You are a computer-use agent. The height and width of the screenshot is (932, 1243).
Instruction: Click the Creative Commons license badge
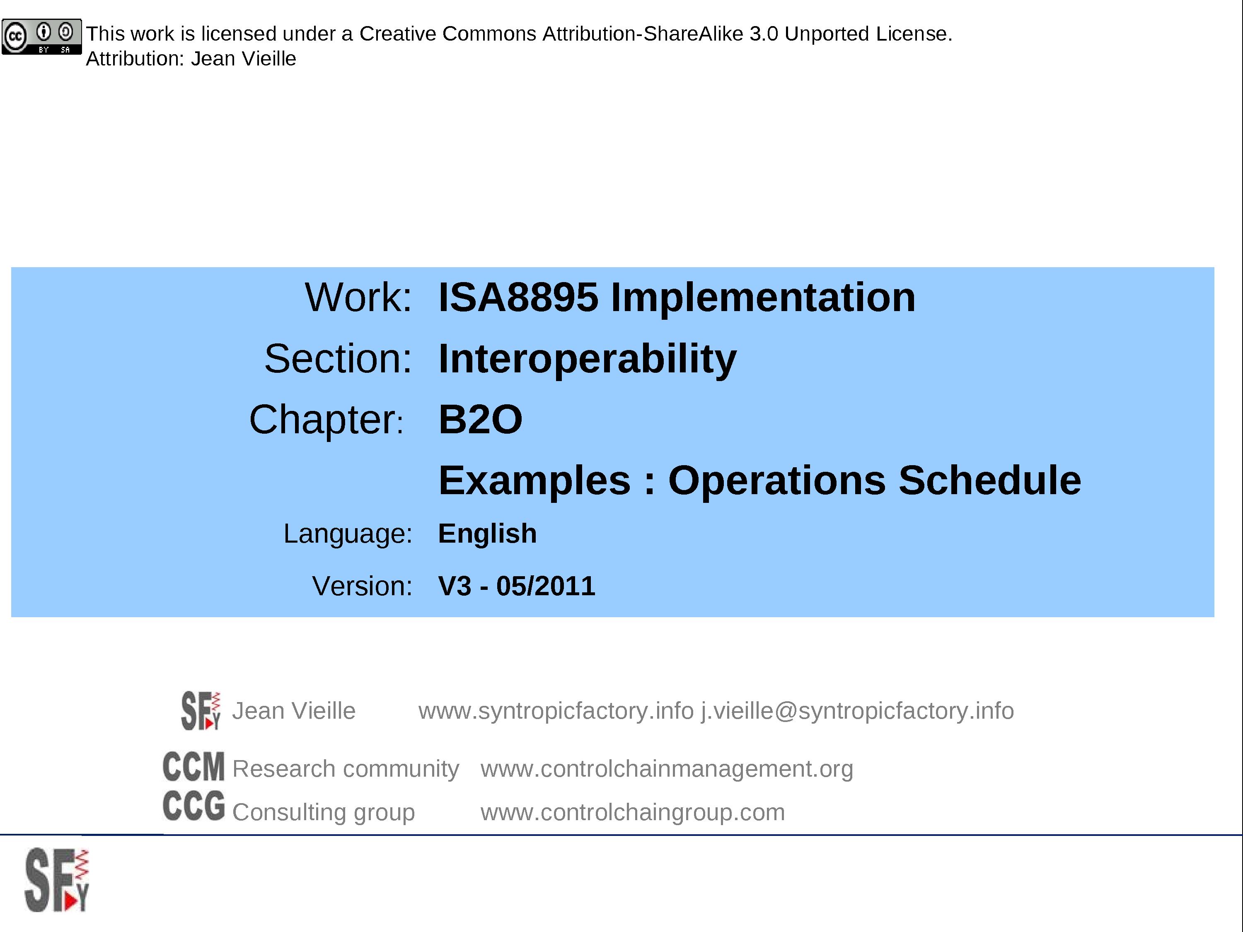[41, 37]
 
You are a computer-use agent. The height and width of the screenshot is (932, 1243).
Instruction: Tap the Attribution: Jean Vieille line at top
[191, 59]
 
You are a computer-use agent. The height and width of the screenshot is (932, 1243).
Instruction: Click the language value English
[487, 534]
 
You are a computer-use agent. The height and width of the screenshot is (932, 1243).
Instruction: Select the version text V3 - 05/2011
[516, 587]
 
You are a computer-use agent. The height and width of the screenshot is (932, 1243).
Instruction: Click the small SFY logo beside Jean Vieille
[201, 711]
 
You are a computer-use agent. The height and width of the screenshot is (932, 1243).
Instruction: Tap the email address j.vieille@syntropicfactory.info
[857, 711]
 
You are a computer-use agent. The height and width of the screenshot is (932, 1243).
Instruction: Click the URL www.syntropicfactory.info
[556, 711]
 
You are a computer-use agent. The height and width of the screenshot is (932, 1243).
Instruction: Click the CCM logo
[193, 767]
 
